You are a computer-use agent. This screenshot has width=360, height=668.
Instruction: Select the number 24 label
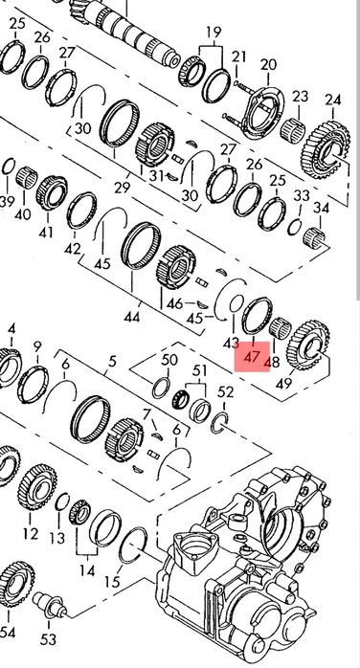click(332, 100)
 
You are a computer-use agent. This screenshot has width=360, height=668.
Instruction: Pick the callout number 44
click(132, 316)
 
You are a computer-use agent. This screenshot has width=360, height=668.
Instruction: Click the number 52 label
click(226, 392)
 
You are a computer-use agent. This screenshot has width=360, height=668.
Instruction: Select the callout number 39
click(8, 202)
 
